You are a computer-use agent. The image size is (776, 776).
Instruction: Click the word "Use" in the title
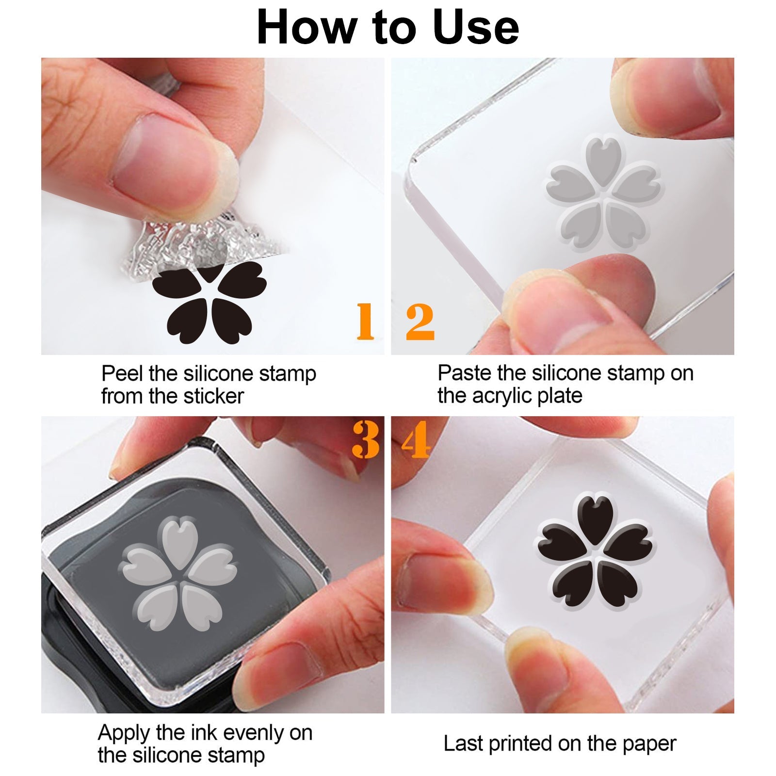[x=476, y=28]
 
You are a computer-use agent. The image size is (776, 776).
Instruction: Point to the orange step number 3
[x=366, y=439]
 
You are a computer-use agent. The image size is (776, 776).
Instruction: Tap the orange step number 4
[x=416, y=439]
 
